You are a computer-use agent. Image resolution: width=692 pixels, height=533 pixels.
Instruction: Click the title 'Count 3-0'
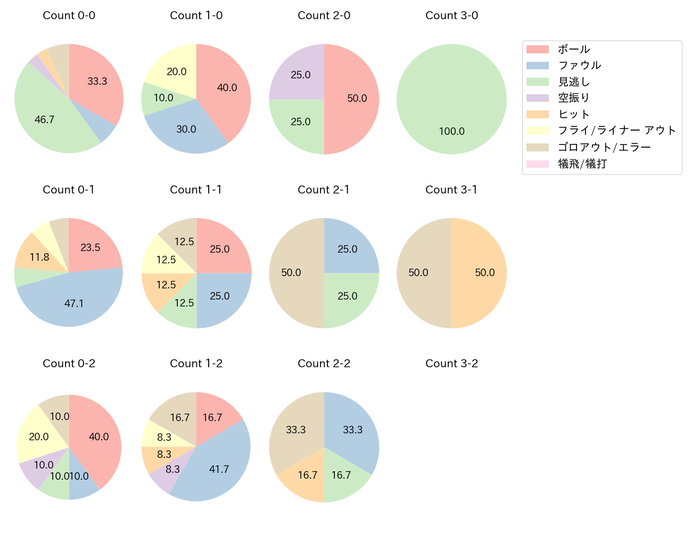click(451, 15)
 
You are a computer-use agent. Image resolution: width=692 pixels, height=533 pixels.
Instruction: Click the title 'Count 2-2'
click(324, 364)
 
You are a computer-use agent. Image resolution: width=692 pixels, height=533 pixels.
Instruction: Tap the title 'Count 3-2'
click(451, 364)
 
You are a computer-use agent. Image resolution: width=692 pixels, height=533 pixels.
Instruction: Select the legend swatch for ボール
click(537, 49)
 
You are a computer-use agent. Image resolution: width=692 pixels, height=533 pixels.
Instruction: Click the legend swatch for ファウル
click(537, 66)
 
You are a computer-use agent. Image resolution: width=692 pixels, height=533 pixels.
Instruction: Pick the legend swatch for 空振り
click(537, 98)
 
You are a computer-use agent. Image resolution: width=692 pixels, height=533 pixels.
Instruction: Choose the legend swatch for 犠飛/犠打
click(537, 164)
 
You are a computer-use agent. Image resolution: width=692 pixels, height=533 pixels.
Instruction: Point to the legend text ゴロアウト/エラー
click(604, 147)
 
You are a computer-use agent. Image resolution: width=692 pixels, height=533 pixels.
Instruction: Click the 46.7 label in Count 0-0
click(44, 119)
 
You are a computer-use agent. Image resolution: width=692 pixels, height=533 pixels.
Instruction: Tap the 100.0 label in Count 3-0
click(451, 131)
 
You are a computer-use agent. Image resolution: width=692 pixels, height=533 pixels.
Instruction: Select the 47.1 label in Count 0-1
click(74, 303)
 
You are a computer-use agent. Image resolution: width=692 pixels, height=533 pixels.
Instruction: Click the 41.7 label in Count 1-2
click(219, 469)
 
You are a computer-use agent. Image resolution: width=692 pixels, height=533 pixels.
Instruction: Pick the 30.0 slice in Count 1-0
click(186, 129)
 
